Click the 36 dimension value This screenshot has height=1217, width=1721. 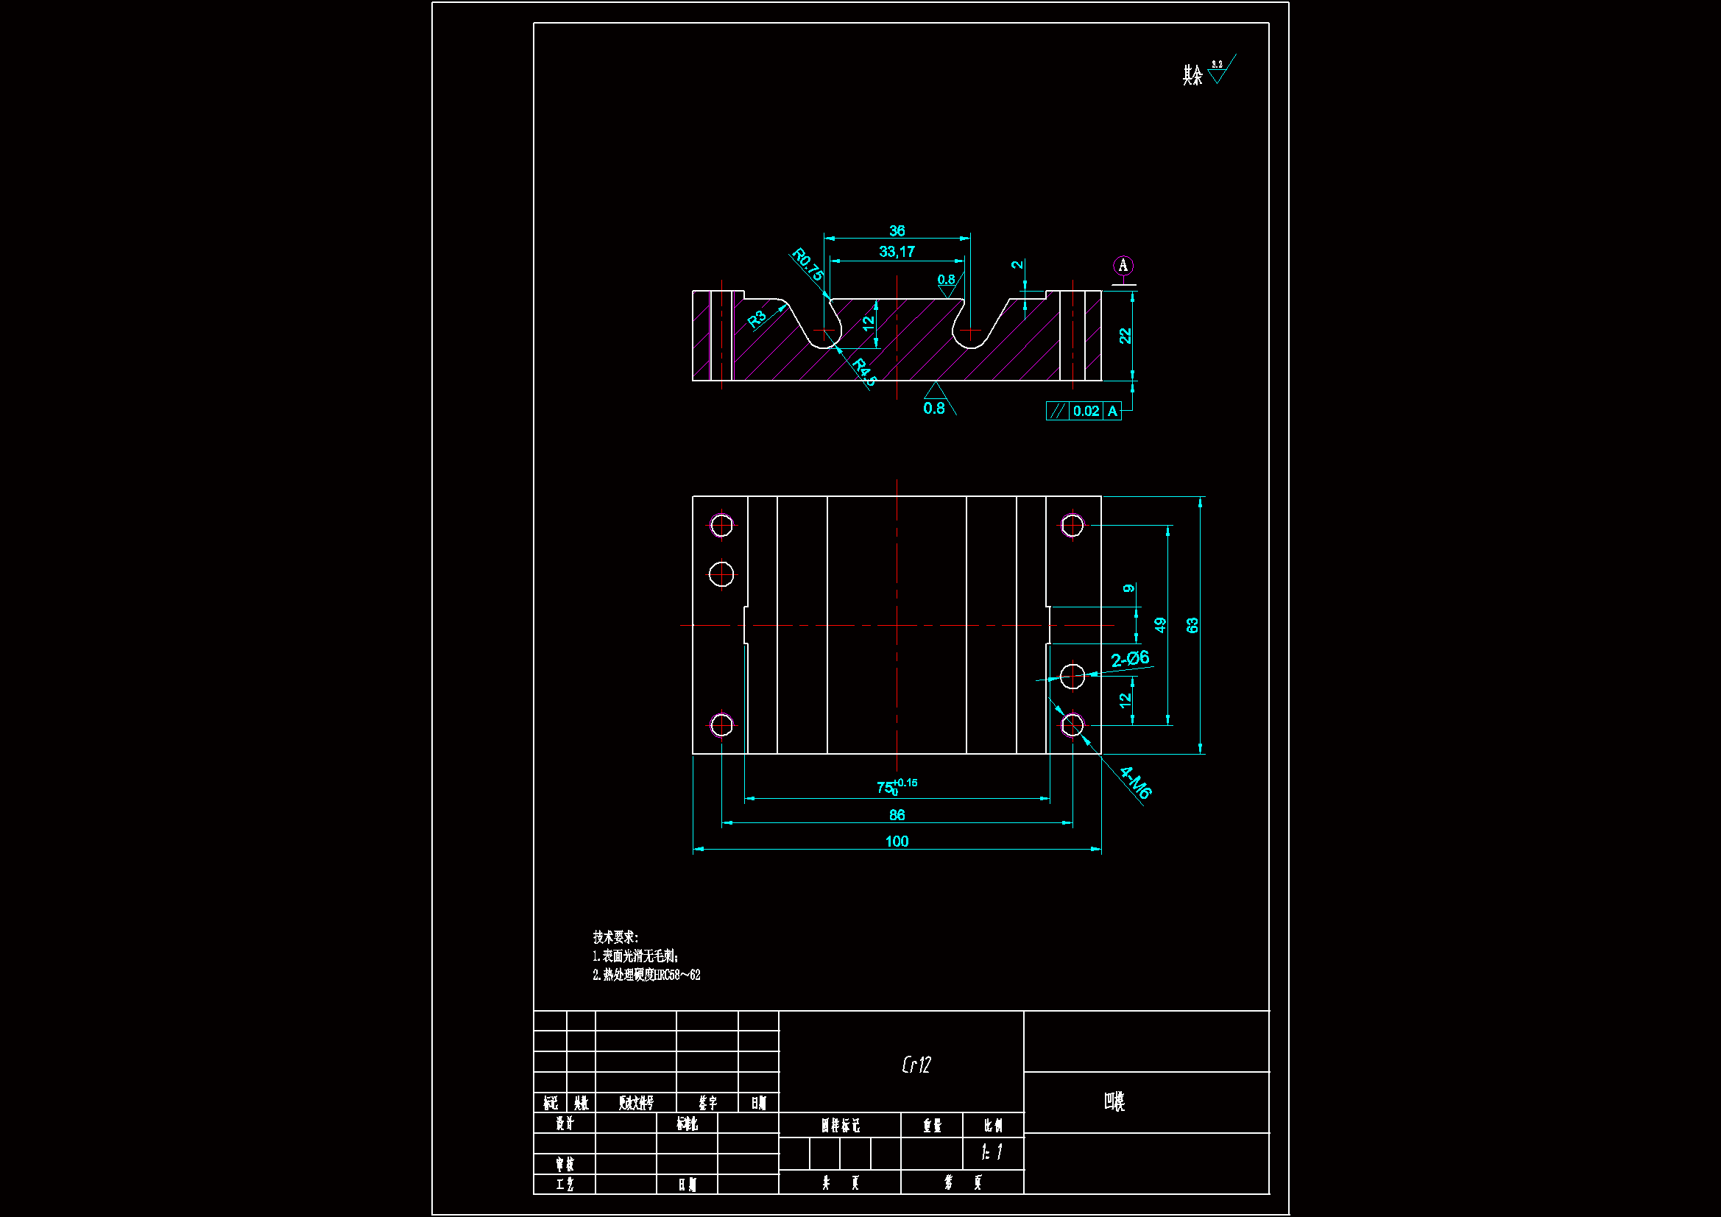[x=897, y=231]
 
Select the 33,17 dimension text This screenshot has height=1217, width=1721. [x=897, y=252]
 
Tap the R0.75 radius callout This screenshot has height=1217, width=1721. [x=808, y=265]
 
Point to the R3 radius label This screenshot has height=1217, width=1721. [x=757, y=320]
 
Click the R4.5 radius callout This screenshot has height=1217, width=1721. [x=864, y=372]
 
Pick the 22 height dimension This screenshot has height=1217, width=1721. [x=1124, y=336]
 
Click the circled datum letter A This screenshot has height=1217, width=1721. [x=1122, y=266]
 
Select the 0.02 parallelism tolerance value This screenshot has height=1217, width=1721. [x=1085, y=411]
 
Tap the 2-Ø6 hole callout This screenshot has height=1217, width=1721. [x=1130, y=659]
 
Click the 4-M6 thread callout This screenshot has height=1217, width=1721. [x=1135, y=783]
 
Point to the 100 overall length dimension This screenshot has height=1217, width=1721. [x=897, y=842]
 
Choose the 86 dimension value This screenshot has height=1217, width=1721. [x=897, y=815]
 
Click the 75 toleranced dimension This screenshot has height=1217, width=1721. [x=896, y=786]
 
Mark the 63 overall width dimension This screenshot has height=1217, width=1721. [x=1192, y=625]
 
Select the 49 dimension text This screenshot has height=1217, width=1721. [x=1159, y=625]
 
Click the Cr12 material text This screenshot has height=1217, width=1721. [x=916, y=1065]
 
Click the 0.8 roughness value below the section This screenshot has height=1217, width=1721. [x=934, y=409]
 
